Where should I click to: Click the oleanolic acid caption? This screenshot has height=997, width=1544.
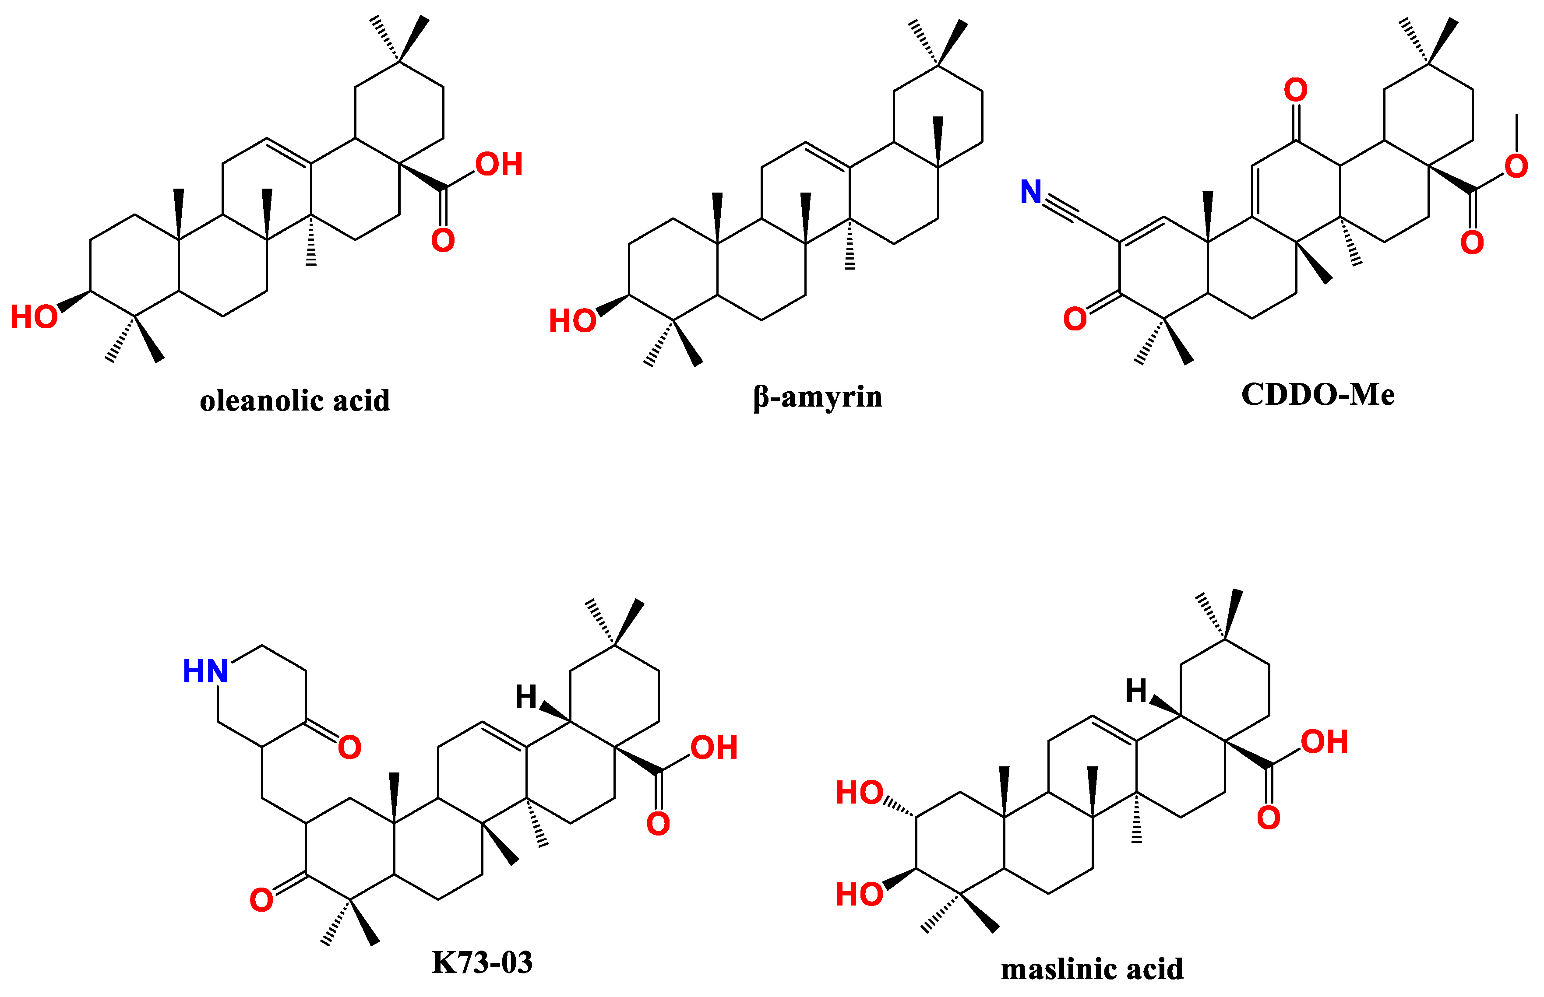tap(295, 401)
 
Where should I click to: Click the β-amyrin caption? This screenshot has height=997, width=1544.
tap(818, 397)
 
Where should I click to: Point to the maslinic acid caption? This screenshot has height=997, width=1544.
tap(1092, 969)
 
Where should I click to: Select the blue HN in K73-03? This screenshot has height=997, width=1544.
tap(205, 671)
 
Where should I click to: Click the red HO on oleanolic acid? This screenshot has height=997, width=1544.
tap(34, 317)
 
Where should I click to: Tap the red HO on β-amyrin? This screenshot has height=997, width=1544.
tap(572, 321)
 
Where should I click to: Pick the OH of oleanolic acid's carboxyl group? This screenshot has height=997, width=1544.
tap(499, 165)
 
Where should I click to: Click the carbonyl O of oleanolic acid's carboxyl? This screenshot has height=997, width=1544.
tap(443, 241)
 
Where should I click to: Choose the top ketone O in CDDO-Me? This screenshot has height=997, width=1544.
tap(1295, 90)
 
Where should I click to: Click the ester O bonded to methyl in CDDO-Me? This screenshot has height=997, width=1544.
tap(1516, 166)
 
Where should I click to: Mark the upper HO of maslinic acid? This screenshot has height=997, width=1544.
tap(860, 793)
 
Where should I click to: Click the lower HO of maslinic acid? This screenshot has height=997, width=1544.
tap(860, 895)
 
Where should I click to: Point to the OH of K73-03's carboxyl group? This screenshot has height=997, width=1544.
tap(714, 748)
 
